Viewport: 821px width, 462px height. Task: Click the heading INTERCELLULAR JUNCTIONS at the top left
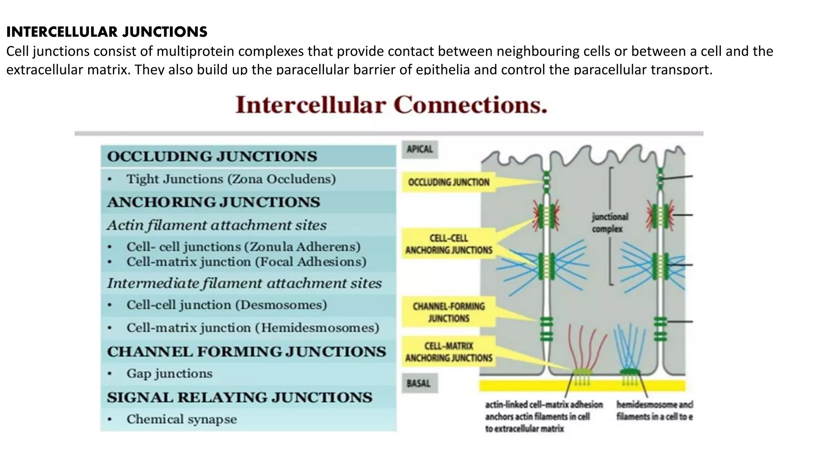pyautogui.click(x=107, y=32)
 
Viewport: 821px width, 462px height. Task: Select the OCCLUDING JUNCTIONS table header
pyautogui.click(x=212, y=156)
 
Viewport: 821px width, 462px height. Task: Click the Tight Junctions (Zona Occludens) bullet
pyautogui.click(x=231, y=179)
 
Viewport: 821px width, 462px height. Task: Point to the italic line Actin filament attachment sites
pyautogui.click(x=216, y=225)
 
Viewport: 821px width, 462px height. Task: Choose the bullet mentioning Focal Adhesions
pyautogui.click(x=246, y=262)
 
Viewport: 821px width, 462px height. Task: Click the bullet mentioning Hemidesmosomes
pyautogui.click(x=253, y=328)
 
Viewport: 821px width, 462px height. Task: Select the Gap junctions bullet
pyautogui.click(x=169, y=374)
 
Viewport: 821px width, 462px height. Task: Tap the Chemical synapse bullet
pyautogui.click(x=181, y=419)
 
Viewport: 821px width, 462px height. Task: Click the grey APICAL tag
pyautogui.click(x=420, y=149)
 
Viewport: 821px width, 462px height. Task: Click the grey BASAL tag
pyautogui.click(x=419, y=383)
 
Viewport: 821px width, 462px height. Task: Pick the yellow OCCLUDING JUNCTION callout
pyautogui.click(x=449, y=182)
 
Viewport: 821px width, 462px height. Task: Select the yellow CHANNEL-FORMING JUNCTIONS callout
pyautogui.click(x=449, y=312)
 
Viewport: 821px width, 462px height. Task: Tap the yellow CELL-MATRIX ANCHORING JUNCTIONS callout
pyautogui.click(x=449, y=352)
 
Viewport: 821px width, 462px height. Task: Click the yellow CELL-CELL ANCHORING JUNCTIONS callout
pyautogui.click(x=449, y=244)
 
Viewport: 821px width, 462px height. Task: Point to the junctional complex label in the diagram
pyautogui.click(x=610, y=223)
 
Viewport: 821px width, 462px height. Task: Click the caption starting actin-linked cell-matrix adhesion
pyautogui.click(x=543, y=416)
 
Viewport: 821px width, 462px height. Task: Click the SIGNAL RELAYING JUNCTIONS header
pyautogui.click(x=239, y=397)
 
